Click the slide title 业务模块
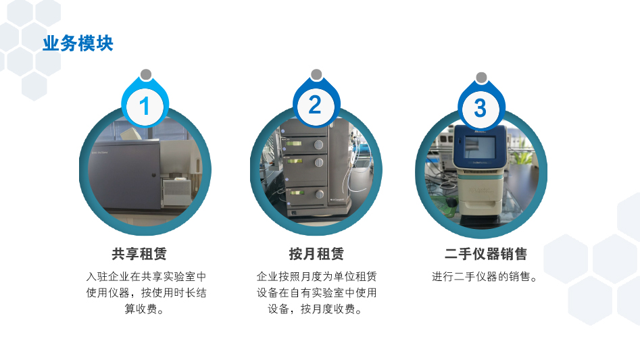(x=78, y=44)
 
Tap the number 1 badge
(x=145, y=106)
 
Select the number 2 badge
(x=316, y=105)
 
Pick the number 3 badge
(x=481, y=108)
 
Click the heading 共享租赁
(x=139, y=254)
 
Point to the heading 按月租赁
(x=316, y=254)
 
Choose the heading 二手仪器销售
(x=486, y=254)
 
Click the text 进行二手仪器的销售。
(x=485, y=277)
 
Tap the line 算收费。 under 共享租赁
(x=145, y=309)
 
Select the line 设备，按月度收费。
(x=316, y=309)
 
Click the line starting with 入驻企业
(x=146, y=277)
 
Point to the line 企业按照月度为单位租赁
(x=316, y=277)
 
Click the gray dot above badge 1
(x=146, y=74)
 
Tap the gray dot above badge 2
(x=316, y=74)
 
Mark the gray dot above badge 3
(x=482, y=78)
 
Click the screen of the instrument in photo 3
(x=480, y=147)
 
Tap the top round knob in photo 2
(x=318, y=145)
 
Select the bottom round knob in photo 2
(x=320, y=194)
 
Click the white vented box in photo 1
(x=177, y=192)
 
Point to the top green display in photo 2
(x=294, y=143)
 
